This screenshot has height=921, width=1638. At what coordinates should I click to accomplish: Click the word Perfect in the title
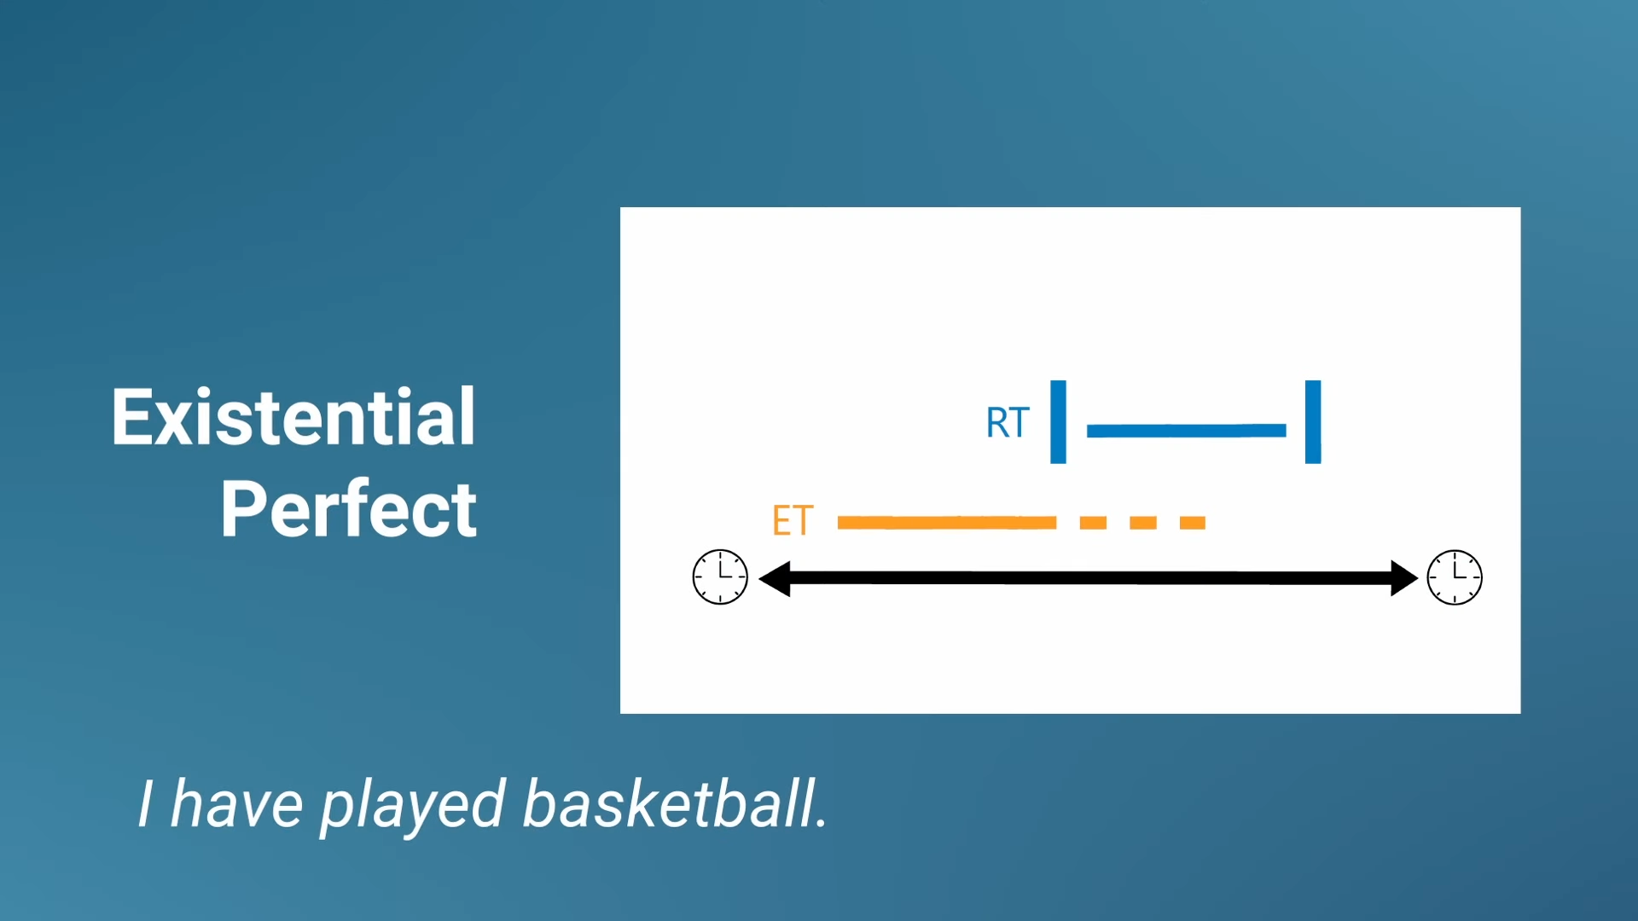click(x=349, y=509)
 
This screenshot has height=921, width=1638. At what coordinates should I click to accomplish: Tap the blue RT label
click(x=1008, y=423)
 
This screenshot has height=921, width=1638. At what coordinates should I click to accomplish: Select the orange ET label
click(x=793, y=520)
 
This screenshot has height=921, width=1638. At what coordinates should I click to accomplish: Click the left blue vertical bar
click(x=1058, y=422)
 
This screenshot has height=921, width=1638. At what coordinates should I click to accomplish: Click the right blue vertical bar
click(x=1313, y=422)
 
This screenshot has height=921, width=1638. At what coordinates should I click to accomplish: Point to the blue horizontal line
click(x=1186, y=431)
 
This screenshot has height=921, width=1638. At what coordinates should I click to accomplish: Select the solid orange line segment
click(x=947, y=523)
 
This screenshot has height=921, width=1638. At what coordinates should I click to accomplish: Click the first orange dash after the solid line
click(x=1093, y=523)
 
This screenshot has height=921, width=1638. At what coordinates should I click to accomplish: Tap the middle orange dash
click(x=1143, y=523)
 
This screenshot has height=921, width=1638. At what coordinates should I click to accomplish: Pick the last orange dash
click(x=1193, y=523)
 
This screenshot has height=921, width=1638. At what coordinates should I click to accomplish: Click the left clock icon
click(x=720, y=577)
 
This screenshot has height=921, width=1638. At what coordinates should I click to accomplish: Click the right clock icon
click(x=1455, y=577)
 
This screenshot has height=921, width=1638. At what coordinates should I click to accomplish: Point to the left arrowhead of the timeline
click(x=759, y=578)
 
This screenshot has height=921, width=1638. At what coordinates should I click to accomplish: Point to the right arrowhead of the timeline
click(x=1418, y=578)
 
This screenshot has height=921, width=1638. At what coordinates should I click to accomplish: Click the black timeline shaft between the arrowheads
click(x=1089, y=578)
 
